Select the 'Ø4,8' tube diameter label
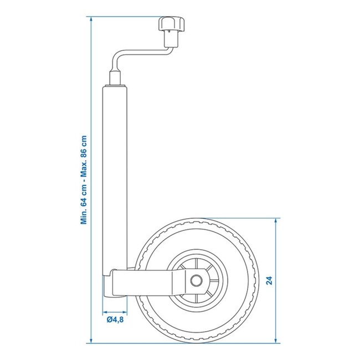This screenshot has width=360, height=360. (114, 319)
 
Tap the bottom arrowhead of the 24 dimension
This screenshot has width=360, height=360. (275, 340)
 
